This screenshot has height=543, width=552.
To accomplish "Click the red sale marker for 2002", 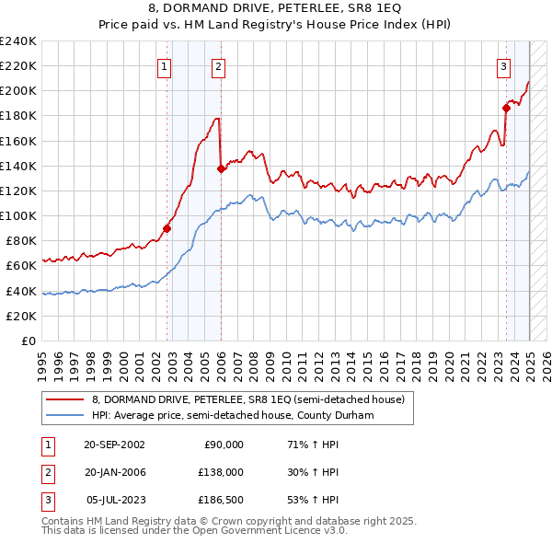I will (x=167, y=228).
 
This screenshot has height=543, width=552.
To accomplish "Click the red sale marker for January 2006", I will (x=221, y=168).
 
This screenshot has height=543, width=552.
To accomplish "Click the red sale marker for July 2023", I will (x=506, y=108).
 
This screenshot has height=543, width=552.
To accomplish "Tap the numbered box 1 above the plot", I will (x=164, y=65).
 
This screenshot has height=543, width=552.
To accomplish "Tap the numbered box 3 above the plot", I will (x=504, y=65).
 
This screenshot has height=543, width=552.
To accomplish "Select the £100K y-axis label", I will (x=18, y=215).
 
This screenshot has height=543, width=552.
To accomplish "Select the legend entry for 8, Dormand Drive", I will (x=248, y=399).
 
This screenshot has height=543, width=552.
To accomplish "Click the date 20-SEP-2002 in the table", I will (x=114, y=444).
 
